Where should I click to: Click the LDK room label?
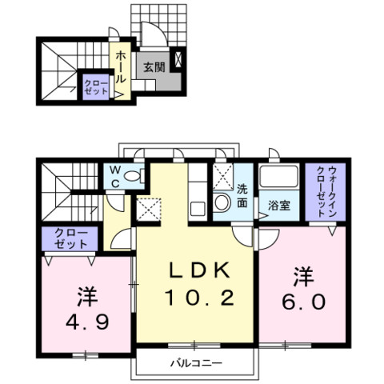[199, 270]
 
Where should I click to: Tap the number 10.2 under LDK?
[199, 298]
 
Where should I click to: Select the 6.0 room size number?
[304, 302]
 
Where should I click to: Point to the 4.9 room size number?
[87, 322]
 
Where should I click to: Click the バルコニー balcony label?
[196, 363]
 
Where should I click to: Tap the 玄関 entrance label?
[154, 67]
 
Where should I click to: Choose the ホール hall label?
[120, 67]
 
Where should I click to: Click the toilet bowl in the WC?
[134, 176]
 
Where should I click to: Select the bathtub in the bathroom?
[278, 176]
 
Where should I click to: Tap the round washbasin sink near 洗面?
[222, 203]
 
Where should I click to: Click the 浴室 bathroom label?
[279, 206]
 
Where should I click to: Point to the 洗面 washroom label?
[242, 196]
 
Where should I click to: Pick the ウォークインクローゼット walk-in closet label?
[326, 190]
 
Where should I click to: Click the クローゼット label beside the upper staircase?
[96, 87]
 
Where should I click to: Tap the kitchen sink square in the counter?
[198, 209]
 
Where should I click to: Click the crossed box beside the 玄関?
[178, 59]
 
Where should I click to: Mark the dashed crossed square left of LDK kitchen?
[149, 210]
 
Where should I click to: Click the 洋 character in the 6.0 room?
[304, 277]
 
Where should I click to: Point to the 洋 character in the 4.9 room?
[87, 297]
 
